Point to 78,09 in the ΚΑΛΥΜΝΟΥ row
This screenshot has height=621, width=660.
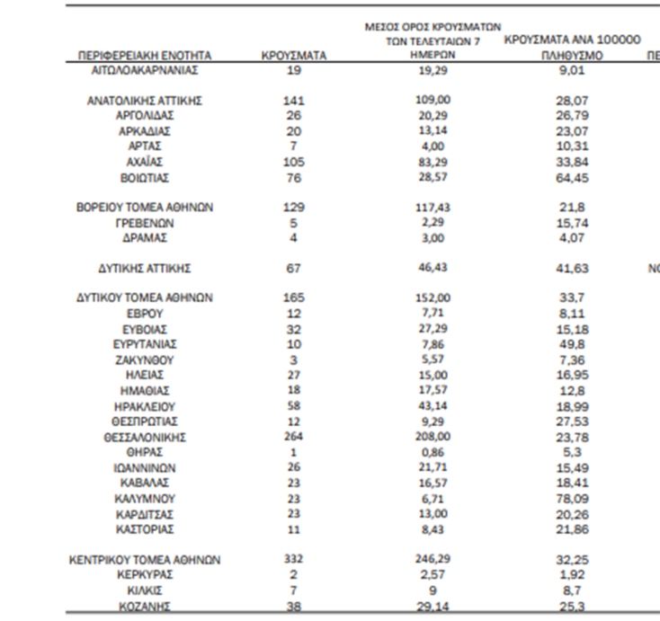point(572,498)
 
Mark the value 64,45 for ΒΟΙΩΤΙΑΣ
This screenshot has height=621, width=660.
point(572,178)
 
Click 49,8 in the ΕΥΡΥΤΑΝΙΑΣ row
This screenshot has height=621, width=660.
point(572,344)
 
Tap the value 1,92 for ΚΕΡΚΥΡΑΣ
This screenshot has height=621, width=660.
point(572,573)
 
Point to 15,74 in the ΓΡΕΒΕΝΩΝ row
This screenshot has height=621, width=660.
point(572,223)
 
